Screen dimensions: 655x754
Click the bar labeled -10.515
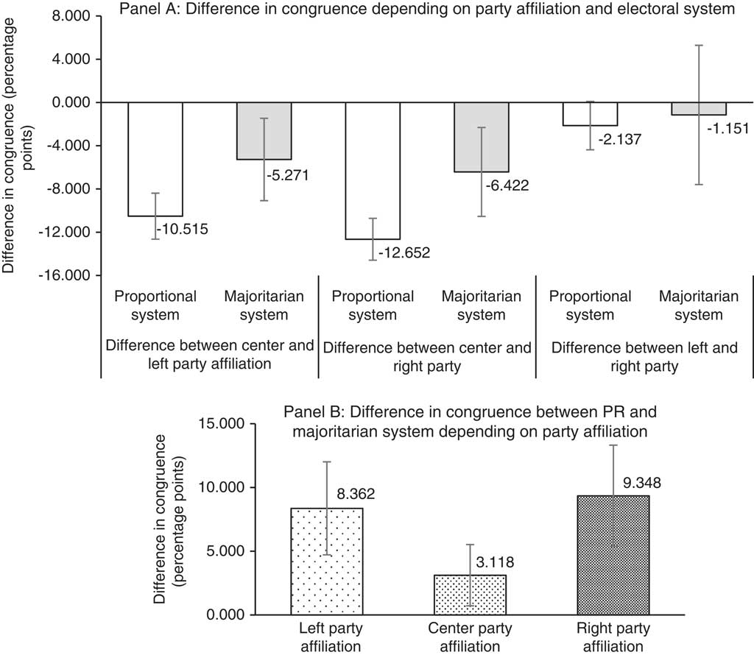(155, 158)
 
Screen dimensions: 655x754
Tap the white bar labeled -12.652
(373, 170)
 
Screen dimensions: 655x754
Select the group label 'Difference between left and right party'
(644, 356)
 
